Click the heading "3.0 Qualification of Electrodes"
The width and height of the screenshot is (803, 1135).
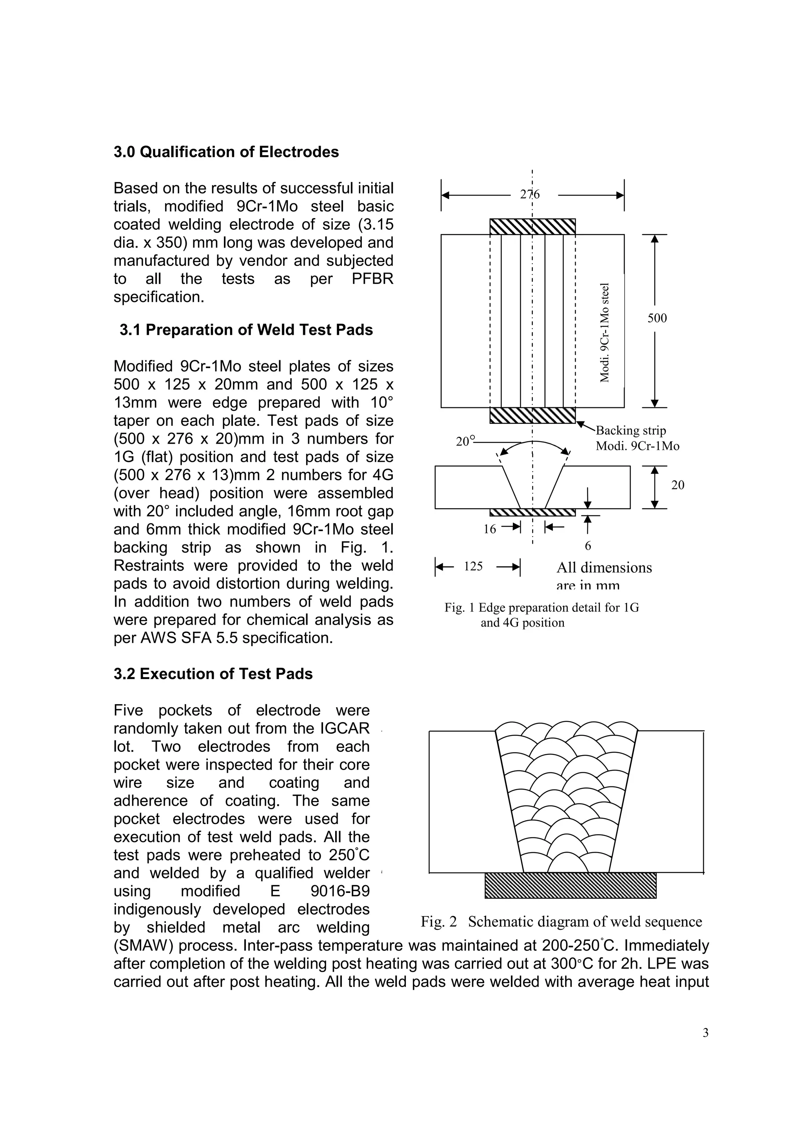226,152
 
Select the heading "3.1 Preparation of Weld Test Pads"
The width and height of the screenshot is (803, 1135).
246,330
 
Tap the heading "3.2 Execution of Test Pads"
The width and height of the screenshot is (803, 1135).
213,674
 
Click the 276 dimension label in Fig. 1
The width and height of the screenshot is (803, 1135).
530,195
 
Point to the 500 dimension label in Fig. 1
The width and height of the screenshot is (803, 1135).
657,318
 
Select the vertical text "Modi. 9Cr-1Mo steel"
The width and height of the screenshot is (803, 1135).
604,333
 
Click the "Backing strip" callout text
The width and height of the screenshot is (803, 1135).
631,430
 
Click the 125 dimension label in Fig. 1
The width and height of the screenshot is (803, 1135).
473,566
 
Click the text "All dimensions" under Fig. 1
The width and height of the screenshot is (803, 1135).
604,567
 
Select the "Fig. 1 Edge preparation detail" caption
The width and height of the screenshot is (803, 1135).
541,607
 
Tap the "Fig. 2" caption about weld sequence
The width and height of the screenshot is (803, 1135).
561,922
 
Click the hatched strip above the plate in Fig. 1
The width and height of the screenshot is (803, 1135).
532,226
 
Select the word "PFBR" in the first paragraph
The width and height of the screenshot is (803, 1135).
372,279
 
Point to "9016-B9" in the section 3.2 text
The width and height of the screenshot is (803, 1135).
340,891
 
